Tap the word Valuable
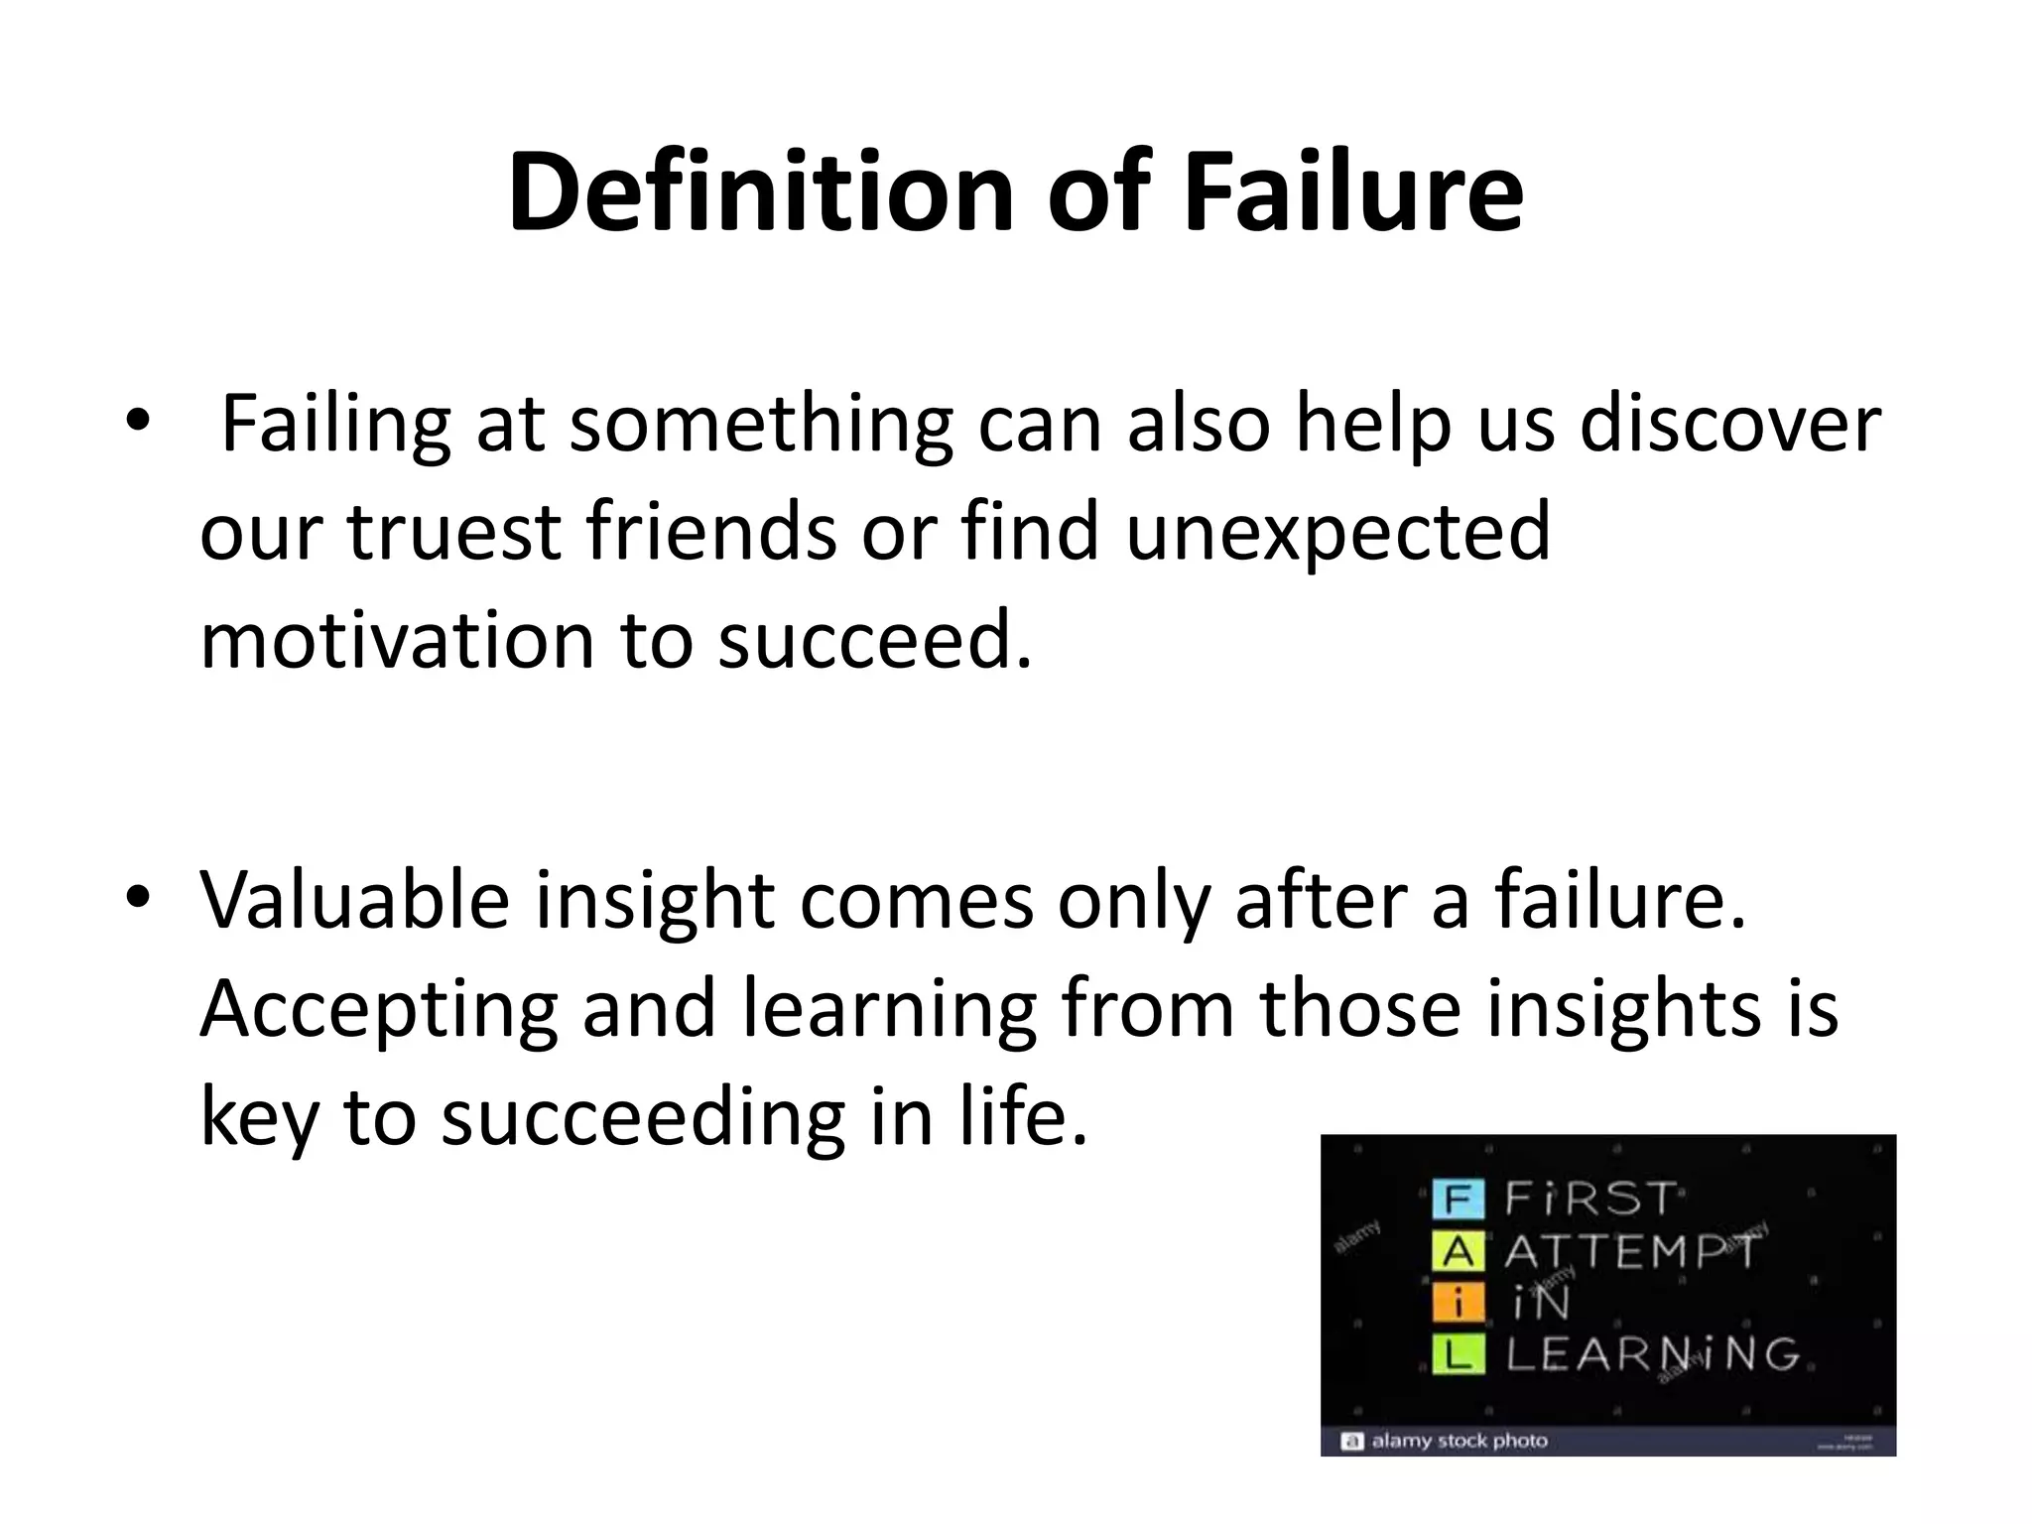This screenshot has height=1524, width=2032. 355,900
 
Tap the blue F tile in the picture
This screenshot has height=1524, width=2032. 1458,1200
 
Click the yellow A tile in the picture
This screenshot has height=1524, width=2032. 1458,1252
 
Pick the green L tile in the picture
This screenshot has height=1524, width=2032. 1458,1354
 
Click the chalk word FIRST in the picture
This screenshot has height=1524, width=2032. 1590,1200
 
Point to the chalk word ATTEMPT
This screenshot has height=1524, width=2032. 1631,1252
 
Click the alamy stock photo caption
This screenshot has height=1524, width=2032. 1458,1441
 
